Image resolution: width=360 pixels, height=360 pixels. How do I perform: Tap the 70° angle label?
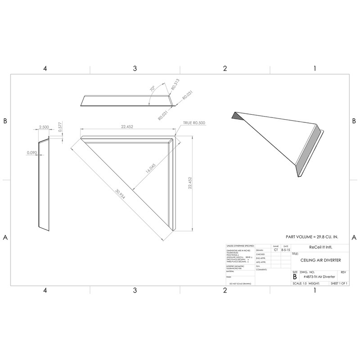point(152,90)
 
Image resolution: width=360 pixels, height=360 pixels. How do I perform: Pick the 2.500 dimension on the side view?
point(44,127)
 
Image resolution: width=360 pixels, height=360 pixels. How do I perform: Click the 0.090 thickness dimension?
point(31,152)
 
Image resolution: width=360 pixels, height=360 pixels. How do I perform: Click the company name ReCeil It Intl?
point(319,247)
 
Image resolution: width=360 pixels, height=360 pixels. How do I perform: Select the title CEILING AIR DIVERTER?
point(319,260)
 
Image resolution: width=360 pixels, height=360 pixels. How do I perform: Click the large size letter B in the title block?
point(295,278)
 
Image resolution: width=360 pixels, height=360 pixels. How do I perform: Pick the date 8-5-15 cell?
point(285,250)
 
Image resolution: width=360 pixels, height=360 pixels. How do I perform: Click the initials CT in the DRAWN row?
point(275,250)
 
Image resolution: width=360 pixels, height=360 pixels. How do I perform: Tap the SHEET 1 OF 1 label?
point(340,284)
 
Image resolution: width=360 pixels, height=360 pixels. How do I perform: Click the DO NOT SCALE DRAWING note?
point(240,284)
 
